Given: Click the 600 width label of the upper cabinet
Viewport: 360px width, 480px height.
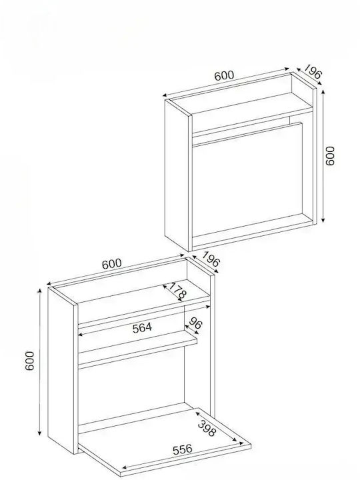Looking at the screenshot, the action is [224, 75].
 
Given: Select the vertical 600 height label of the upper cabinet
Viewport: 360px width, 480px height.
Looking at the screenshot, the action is [330, 156].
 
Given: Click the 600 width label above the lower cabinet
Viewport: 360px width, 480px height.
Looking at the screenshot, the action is [112, 263].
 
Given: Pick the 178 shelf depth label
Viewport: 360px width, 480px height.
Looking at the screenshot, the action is [177, 291].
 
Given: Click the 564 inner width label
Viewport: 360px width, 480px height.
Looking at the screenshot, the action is [142, 328].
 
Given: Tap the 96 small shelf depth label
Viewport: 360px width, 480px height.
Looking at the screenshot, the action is [195, 323].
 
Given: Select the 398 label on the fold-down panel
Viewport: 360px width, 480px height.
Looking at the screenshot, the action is [207, 428].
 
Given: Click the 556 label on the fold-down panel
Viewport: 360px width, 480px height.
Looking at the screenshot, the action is [183, 449].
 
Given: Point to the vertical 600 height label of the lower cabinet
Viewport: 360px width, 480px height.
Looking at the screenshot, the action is [30, 361].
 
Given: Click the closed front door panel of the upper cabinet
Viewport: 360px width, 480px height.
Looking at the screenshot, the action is [247, 180].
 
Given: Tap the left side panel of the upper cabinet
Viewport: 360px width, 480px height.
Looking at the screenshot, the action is [178, 175].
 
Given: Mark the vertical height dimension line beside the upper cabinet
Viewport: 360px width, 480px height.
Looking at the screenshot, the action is [323, 156].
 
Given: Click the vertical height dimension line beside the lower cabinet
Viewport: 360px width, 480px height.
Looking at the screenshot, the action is [39, 362].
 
